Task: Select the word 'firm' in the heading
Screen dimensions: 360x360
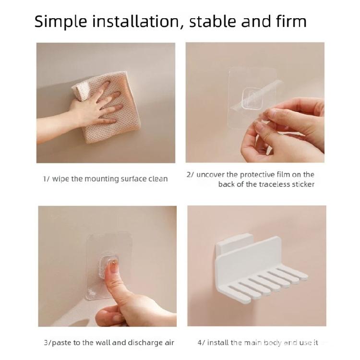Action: (289, 22)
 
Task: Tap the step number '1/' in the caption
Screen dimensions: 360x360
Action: (46, 179)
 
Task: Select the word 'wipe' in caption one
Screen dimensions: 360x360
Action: (61, 179)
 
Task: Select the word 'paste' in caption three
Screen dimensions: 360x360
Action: (61, 343)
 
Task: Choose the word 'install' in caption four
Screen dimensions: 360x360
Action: (218, 343)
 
